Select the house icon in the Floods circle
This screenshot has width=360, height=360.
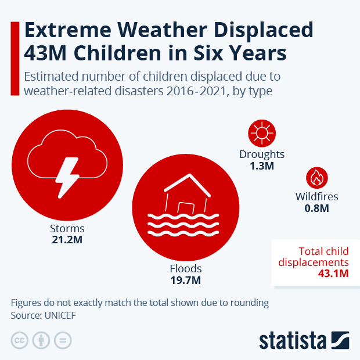pyautogui.click(x=186, y=195)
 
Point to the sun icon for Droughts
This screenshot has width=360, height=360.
pyautogui.click(x=261, y=134)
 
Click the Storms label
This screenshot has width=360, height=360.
pyautogui.click(x=67, y=228)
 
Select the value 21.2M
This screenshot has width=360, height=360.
pyautogui.click(x=67, y=240)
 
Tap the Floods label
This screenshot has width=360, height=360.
pyautogui.click(x=186, y=269)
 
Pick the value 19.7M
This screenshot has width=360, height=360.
pyautogui.click(x=186, y=280)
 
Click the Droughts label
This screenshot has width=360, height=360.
pyautogui.click(x=262, y=154)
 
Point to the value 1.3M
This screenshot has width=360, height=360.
pyautogui.click(x=262, y=166)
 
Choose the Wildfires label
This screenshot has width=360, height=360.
pyautogui.click(x=316, y=197)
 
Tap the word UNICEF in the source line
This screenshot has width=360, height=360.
pyautogui.click(x=60, y=316)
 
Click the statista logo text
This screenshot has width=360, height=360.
pyautogui.click(x=293, y=341)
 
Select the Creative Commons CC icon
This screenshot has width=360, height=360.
pyautogui.click(x=20, y=341)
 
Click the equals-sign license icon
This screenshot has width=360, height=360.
pyautogui.click(x=63, y=341)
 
